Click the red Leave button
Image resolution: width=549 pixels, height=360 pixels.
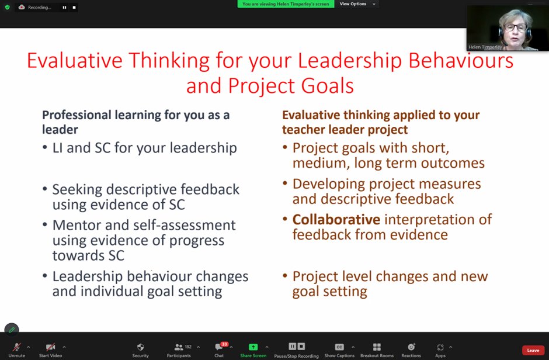click(533, 350)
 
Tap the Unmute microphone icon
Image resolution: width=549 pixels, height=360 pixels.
click(16, 347)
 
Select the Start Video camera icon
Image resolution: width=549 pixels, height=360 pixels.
click(50, 347)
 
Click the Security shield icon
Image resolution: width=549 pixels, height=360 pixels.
click(140, 347)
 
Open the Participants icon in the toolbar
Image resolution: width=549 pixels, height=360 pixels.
click(179, 347)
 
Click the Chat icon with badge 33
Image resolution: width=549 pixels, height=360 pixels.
click(219, 347)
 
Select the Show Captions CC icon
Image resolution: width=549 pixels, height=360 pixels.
click(339, 347)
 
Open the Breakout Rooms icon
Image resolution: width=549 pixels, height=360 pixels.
click(377, 347)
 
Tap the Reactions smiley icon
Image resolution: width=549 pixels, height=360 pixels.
click(411, 347)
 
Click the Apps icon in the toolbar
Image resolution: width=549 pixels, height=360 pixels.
click(440, 347)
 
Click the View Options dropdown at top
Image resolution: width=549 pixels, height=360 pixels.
click(356, 4)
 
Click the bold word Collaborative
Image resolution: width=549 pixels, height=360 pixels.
click(336, 220)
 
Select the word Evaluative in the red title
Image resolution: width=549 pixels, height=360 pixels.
click(74, 61)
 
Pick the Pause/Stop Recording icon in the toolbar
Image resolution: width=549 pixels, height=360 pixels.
click(296, 347)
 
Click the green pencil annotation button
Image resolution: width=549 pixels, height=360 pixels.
click(12, 330)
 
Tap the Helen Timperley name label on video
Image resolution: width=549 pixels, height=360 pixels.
click(485, 47)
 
